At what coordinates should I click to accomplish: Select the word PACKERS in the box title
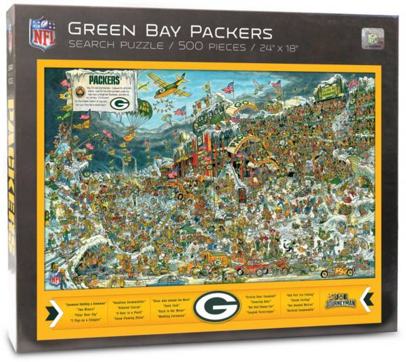227,32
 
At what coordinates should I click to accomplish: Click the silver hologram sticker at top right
373,37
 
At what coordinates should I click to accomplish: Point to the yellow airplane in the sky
169,85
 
